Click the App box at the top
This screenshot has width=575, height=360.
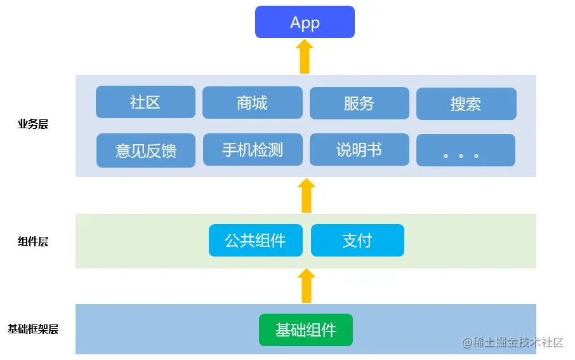[x=305, y=22]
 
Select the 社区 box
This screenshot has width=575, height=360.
[x=145, y=102]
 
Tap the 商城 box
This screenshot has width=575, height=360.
[x=252, y=103]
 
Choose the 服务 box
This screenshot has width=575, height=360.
[x=359, y=103]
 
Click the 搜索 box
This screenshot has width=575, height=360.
[x=466, y=103]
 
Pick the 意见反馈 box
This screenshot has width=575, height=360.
[x=145, y=150]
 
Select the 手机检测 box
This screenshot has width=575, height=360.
[x=252, y=150]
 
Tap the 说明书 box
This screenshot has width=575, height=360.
[x=359, y=150]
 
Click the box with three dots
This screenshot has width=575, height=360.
[x=465, y=150]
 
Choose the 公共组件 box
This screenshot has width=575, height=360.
[x=255, y=241]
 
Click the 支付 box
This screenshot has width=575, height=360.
[x=357, y=241]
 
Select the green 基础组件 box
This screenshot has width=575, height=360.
[x=305, y=330]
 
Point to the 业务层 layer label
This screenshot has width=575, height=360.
[x=33, y=124]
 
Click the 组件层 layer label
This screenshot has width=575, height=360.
[x=33, y=242]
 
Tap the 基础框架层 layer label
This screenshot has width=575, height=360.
[x=33, y=330]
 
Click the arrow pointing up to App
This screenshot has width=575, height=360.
[x=305, y=57]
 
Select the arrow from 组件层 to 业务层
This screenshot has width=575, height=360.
[x=307, y=196]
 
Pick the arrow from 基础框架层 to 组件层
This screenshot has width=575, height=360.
[x=307, y=286]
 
